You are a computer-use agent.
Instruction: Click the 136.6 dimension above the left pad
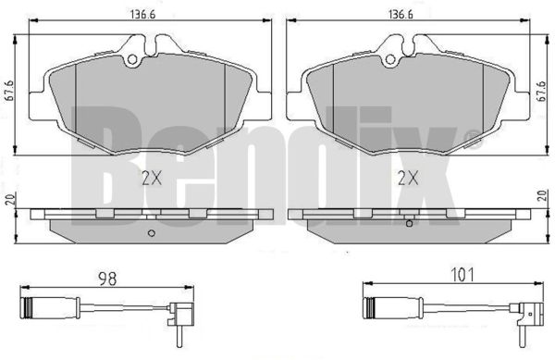click(x=143, y=15)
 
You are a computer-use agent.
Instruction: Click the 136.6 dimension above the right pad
click(x=401, y=15)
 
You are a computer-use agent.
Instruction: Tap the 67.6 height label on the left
click(x=9, y=91)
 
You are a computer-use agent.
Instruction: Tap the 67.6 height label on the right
click(x=542, y=92)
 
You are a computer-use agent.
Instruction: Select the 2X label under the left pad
click(x=152, y=178)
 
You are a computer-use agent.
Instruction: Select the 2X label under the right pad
click(x=408, y=178)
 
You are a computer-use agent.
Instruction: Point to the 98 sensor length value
click(x=107, y=279)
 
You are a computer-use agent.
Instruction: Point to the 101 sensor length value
click(x=462, y=275)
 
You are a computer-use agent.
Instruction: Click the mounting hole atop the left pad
click(x=132, y=59)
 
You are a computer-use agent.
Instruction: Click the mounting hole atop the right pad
click(x=390, y=59)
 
